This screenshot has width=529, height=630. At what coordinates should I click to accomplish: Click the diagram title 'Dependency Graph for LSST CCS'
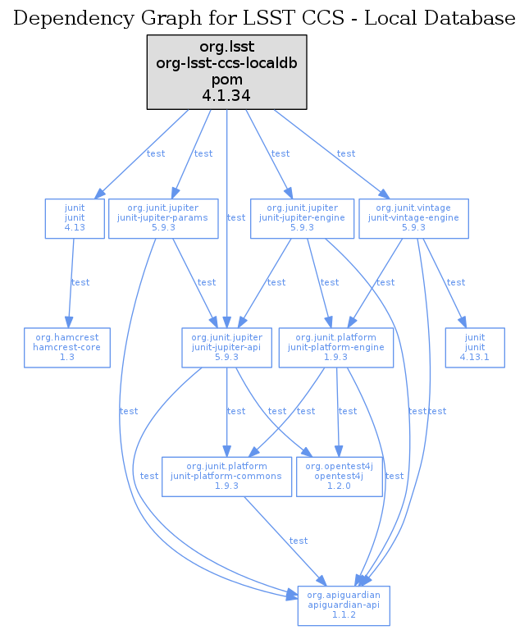[x=264, y=18]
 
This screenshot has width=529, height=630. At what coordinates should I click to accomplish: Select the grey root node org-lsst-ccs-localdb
[x=226, y=71]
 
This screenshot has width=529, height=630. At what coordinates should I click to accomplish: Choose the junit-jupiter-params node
[x=163, y=218]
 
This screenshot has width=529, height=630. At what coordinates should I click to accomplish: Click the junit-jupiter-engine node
[x=301, y=218]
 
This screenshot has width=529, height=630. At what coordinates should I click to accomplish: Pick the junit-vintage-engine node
[x=413, y=218]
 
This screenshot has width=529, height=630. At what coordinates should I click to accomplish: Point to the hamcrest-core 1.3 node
[x=67, y=346]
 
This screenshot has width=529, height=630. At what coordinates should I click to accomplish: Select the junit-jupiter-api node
[x=226, y=346]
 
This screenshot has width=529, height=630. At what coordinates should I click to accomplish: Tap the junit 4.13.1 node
[x=475, y=346]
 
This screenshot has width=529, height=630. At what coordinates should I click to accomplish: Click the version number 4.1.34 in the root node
[x=226, y=96]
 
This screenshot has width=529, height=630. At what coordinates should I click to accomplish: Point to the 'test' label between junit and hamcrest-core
[x=80, y=282]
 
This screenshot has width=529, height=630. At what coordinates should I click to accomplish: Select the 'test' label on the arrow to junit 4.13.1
[x=455, y=282]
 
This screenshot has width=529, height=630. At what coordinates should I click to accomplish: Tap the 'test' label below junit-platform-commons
[x=299, y=541]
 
